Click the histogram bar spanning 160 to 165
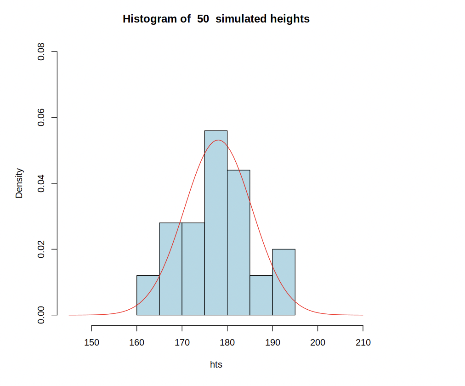click(148, 295)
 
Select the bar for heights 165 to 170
click(170, 269)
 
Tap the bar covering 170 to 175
click(193, 269)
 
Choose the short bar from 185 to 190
click(261, 295)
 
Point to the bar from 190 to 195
click(284, 282)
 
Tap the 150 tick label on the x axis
click(91, 343)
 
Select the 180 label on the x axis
click(227, 343)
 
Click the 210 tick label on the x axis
click(363, 343)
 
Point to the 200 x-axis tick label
click(318, 343)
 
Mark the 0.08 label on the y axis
click(41, 52)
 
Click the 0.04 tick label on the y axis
click(41, 183)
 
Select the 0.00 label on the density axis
click(41, 315)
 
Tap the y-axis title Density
click(19, 183)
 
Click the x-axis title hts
click(216, 365)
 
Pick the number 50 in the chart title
click(203, 19)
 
